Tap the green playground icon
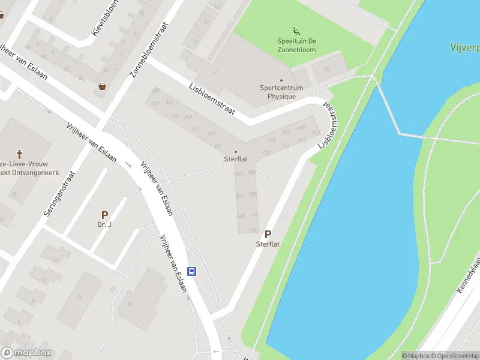coord(295,31)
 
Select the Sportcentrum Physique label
coord(281,92)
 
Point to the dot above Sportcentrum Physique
coord(281,80)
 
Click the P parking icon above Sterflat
coord(268,235)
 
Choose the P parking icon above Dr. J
coord(104,215)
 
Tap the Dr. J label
coord(104,225)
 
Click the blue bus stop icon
coord(192,271)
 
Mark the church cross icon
coord(19,154)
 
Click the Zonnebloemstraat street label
coord(148,51)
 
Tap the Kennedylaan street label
coord(469,276)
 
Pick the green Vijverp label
coord(465,47)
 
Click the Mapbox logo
coord(26,353)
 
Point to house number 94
coord(79,297)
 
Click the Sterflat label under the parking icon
coord(268,245)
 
